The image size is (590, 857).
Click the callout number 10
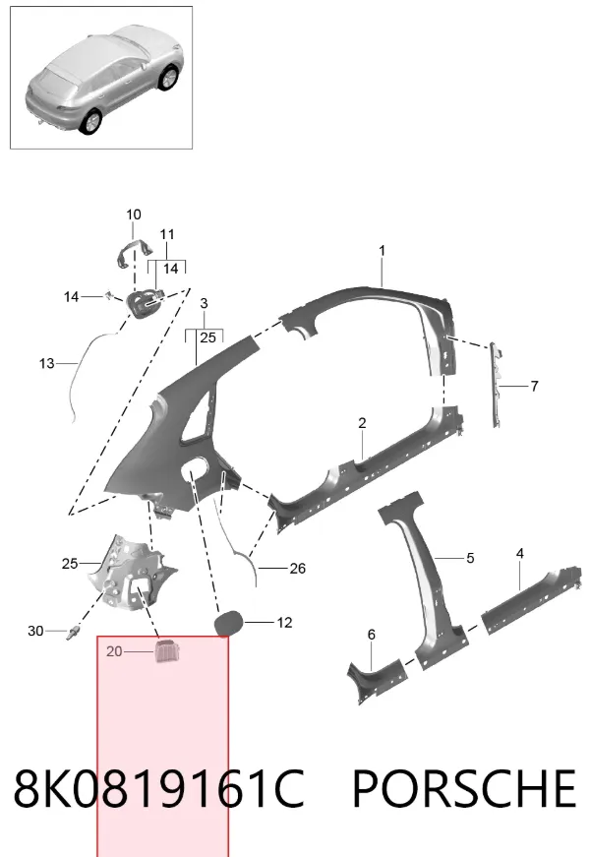134,214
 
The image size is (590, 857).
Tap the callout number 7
534,386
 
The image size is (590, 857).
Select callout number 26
297,569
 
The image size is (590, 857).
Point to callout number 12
284,623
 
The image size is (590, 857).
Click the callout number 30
35,631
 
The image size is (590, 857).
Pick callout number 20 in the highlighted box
114,651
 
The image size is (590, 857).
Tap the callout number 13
47,363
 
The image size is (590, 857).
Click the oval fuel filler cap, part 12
228,624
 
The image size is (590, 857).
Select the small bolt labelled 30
72,634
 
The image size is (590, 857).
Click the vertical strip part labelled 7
496,385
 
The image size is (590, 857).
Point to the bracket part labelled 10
134,253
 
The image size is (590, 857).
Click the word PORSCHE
464,787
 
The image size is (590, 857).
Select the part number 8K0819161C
158,787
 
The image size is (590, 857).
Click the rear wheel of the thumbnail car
90,122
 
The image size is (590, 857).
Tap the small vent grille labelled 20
167,650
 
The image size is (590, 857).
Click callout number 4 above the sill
519,554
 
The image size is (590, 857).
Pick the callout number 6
372,635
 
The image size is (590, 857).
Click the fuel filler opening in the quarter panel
194,469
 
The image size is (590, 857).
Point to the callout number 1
382,250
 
